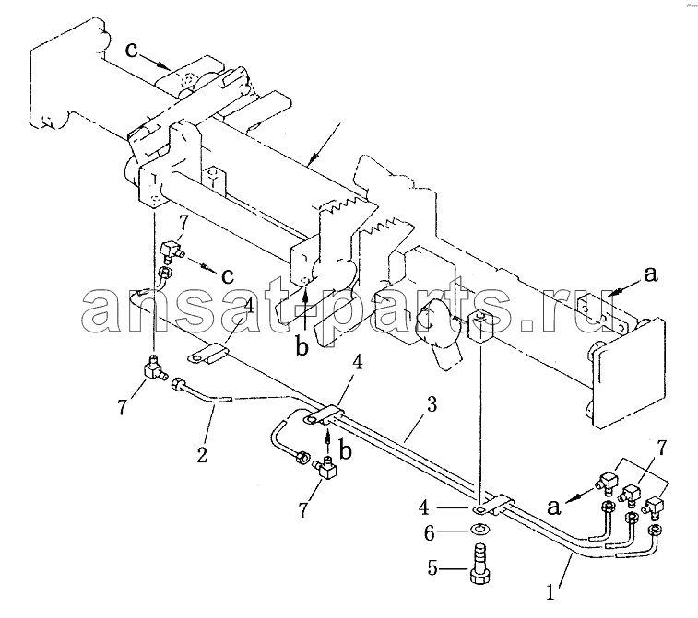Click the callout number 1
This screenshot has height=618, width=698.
pos(550,592)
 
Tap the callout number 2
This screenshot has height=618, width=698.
pos(202,454)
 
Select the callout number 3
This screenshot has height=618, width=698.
pos(432,405)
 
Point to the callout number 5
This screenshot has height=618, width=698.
pos(432,567)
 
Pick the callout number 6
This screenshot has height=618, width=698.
pos(429,532)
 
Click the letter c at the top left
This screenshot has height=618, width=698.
pos(131,50)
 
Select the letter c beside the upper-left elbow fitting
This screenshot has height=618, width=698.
pos(228,276)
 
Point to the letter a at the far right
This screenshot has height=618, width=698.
pos(651,274)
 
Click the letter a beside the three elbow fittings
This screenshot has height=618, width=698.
pos(554,507)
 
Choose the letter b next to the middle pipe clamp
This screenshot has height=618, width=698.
pos(346,450)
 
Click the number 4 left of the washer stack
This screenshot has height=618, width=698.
pos(423,507)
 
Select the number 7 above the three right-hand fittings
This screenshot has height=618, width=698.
pos(661,449)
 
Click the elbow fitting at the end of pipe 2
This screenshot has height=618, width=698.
pos(154,367)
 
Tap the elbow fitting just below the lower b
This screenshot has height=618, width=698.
pos(326,468)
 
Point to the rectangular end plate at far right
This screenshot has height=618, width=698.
pos(630,373)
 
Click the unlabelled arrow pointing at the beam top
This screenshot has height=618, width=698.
pos(325,144)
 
